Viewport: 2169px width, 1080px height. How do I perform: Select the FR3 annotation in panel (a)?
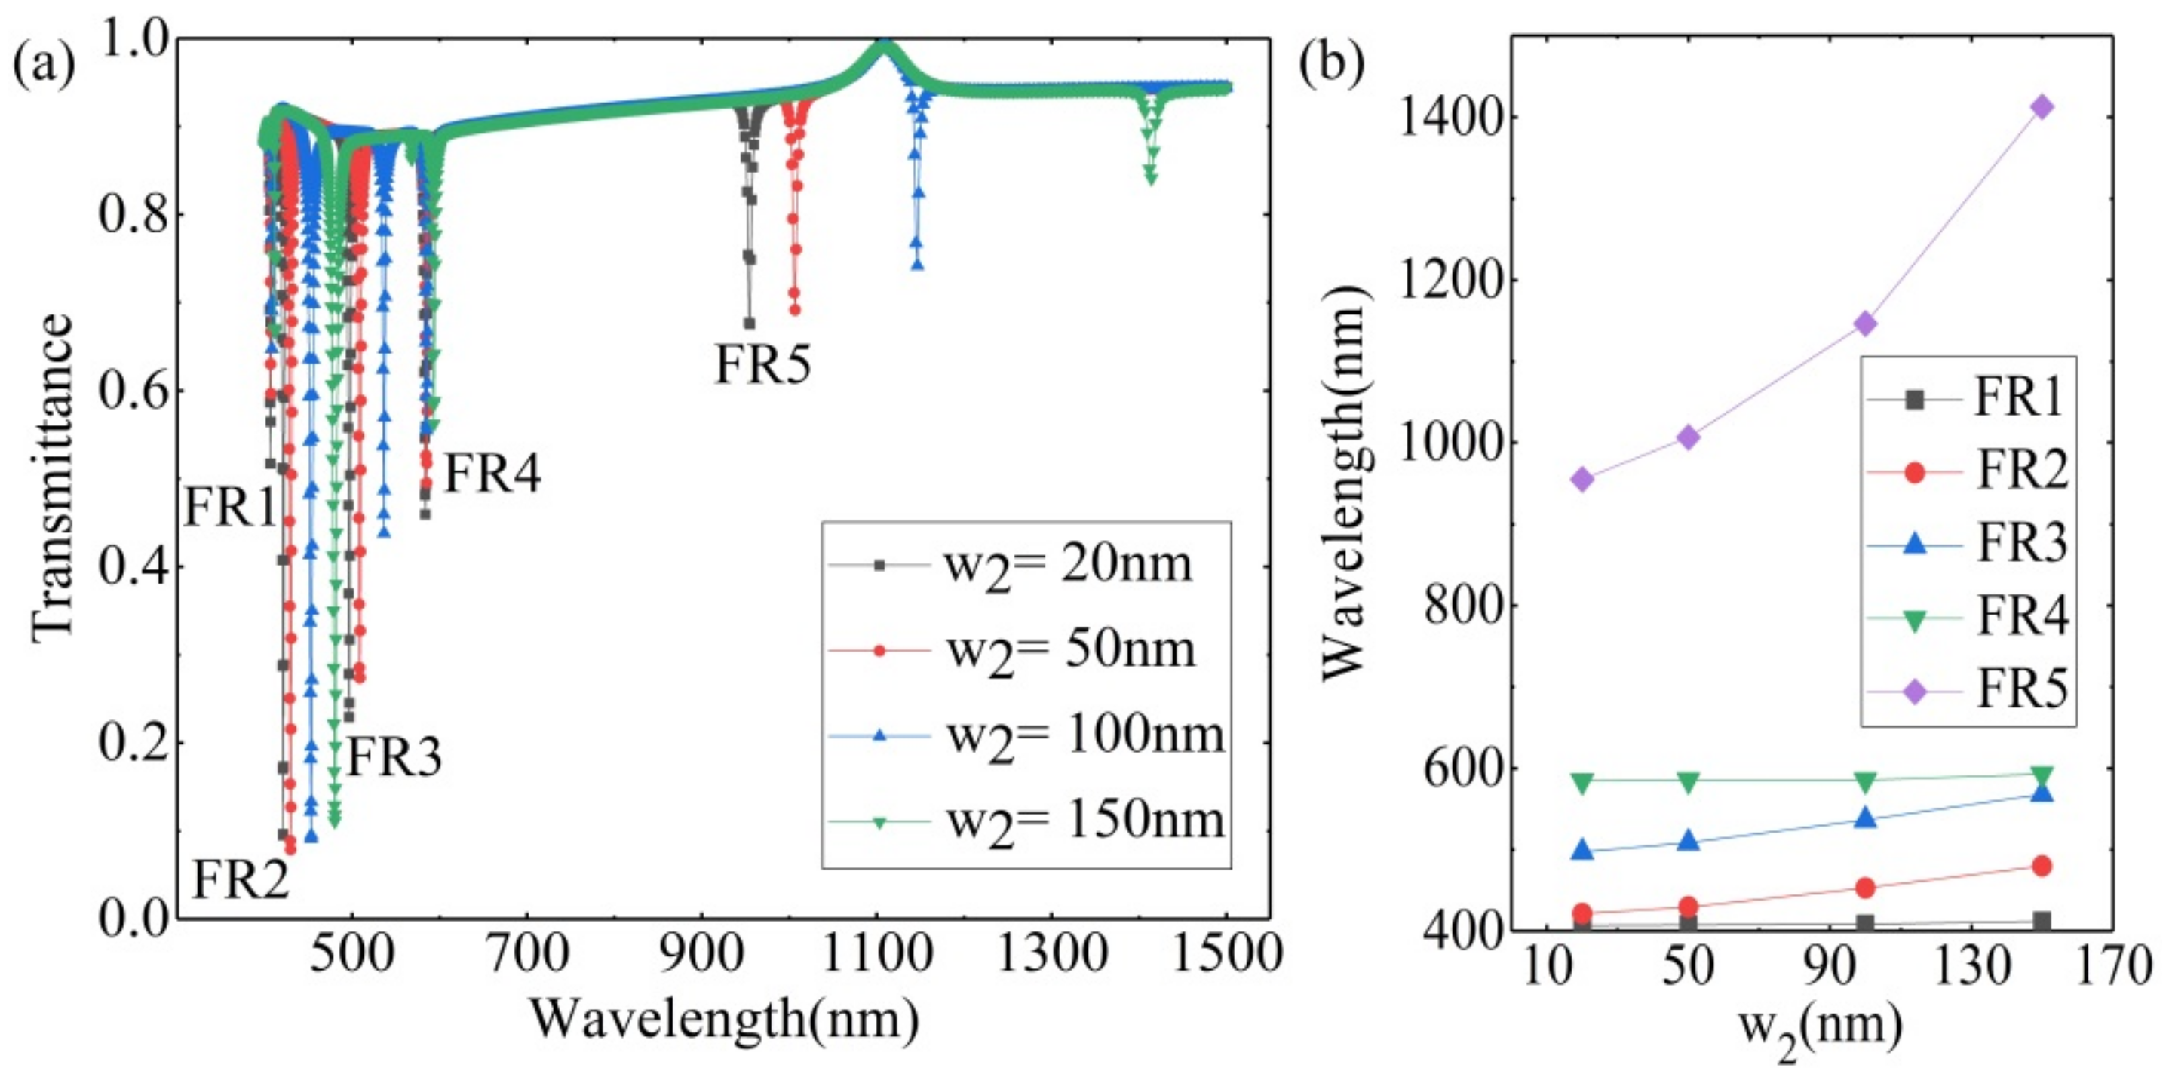394,756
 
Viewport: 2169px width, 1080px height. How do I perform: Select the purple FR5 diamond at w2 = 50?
1689,437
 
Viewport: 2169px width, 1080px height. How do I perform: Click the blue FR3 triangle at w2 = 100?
1865,818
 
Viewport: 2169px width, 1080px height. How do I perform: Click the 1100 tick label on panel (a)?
876,956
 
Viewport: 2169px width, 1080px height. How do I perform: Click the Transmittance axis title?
52,478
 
